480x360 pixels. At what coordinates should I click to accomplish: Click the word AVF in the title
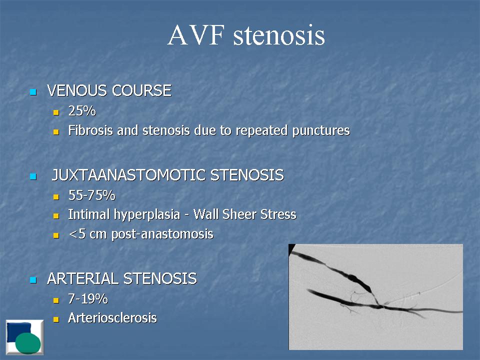pyautogui.click(x=196, y=35)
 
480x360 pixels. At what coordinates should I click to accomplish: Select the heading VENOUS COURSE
pyautogui.click(x=109, y=90)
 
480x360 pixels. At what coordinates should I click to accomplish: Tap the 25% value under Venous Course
pyautogui.click(x=82, y=111)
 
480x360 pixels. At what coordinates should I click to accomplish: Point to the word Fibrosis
pyautogui.click(x=90, y=130)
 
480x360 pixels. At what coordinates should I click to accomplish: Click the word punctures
pyautogui.click(x=321, y=131)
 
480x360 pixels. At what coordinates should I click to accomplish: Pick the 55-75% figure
pyautogui.click(x=92, y=195)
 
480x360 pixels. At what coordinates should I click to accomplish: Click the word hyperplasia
pyautogui.click(x=147, y=215)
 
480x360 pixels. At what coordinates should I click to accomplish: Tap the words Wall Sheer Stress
pyautogui.click(x=245, y=214)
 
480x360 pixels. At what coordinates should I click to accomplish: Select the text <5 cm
pyautogui.click(x=87, y=234)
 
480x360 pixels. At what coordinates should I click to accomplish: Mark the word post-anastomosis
pyautogui.click(x=162, y=234)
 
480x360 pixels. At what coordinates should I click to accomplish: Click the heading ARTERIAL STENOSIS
pyautogui.click(x=122, y=278)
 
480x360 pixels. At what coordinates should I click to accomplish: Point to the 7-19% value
pyautogui.click(x=88, y=299)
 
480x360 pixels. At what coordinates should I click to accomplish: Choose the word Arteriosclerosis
pyautogui.click(x=112, y=318)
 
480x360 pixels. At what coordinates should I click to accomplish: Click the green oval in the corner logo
pyautogui.click(x=28, y=343)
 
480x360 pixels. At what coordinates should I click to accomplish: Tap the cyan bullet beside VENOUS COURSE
pyautogui.click(x=33, y=92)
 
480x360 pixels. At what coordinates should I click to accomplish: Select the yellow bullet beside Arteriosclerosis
pyautogui.click(x=56, y=319)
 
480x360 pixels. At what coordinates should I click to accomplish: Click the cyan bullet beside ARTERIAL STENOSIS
pyautogui.click(x=33, y=280)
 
